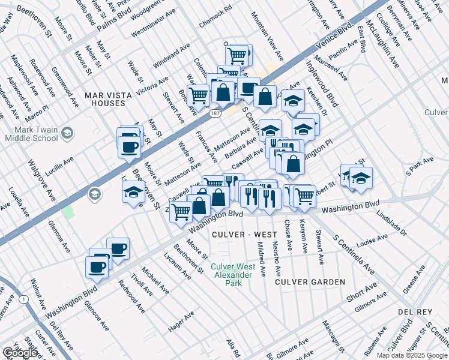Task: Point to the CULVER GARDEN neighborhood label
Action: point(310,281)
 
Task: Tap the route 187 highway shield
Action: point(215,113)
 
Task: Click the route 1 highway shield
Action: point(23,299)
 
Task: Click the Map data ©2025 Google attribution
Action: point(411,355)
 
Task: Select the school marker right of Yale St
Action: point(361,178)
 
